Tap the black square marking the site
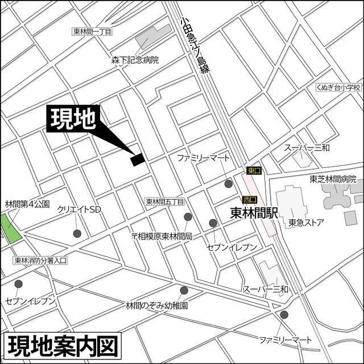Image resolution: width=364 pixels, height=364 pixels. tap(138, 160)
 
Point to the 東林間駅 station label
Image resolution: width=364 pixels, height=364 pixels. tap(254, 213)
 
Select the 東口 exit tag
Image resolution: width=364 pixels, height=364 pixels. tap(253, 170)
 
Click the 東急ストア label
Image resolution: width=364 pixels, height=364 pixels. tap(306, 222)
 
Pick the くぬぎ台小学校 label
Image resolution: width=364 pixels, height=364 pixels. tap(339, 88)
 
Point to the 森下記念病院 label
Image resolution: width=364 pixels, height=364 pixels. tap(135, 59)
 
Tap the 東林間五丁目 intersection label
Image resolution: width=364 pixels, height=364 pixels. tap(165, 201)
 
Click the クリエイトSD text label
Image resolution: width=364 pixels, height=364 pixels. tap(79, 209)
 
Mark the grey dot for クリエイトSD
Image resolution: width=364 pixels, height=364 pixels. tap(77, 233)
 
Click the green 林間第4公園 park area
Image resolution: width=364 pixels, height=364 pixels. tap(9, 227)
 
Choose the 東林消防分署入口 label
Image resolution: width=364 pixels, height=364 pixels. tap(40, 260)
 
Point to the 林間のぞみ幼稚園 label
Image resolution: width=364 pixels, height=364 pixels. tap(157, 305)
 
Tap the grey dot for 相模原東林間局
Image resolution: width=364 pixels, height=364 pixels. tap(188, 217)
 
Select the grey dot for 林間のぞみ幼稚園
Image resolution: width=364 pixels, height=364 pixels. tap(184, 290)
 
